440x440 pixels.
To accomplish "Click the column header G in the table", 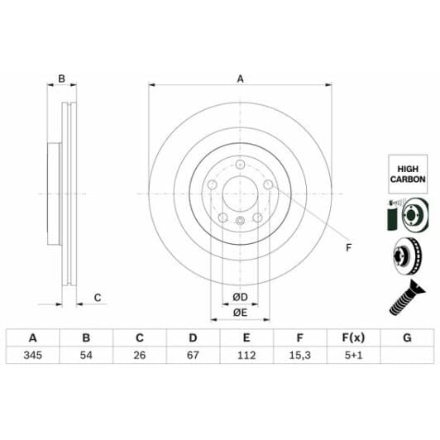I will [x=405, y=338].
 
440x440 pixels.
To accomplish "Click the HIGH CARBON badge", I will [x=407, y=172].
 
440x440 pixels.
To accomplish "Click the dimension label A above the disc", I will [x=241, y=79].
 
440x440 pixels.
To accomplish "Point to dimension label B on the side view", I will [x=60, y=79].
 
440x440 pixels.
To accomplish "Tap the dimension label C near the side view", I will [x=97, y=297].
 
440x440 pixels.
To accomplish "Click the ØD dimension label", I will [x=240, y=296].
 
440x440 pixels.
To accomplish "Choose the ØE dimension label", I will [x=240, y=312].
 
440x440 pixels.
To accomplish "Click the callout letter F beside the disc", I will [x=348, y=248].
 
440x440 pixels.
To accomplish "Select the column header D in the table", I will [x=193, y=338].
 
